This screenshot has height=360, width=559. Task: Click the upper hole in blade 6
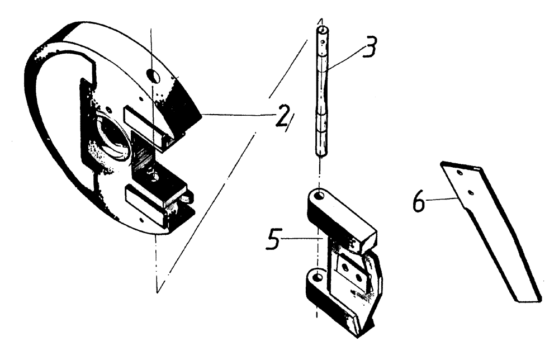point(459,174)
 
